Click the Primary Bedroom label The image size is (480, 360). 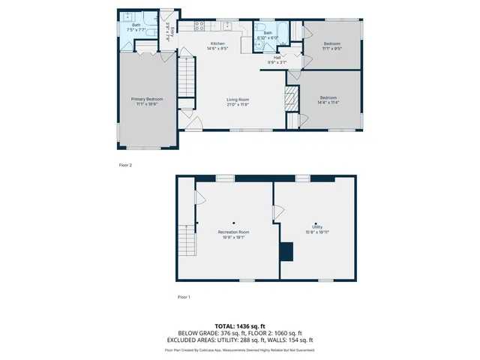point(147,101)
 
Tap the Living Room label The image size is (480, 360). point(238,101)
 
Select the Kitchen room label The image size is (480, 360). point(217,46)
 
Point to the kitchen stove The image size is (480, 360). point(200,27)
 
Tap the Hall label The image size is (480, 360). point(277,59)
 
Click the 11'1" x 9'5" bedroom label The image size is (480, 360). point(332,46)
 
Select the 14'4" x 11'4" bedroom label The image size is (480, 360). point(328,100)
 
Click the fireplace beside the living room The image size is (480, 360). point(290,98)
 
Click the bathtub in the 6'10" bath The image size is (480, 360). point(268,31)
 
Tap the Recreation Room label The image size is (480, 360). point(233,234)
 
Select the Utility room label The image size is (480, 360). point(318,229)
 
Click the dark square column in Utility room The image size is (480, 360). point(286,251)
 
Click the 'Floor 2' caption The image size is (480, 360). point(125,164)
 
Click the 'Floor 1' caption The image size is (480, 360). point(184,298)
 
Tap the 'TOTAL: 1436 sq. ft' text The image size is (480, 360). point(240,326)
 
